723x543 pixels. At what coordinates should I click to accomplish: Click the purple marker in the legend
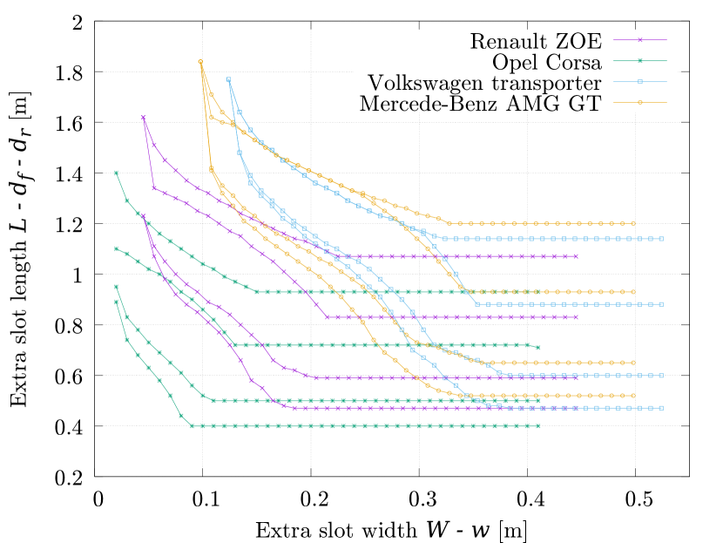click(640, 40)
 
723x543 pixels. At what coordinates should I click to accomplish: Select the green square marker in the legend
click(640, 61)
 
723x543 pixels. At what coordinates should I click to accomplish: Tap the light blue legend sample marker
click(640, 82)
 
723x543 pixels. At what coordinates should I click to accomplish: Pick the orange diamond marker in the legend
click(640, 103)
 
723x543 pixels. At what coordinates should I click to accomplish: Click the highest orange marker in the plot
click(200, 62)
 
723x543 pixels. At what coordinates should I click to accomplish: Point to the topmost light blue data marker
click(229, 79)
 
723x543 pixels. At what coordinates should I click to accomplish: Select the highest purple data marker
click(143, 118)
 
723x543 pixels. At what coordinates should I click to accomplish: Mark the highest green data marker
click(116, 173)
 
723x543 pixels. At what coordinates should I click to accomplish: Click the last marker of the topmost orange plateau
click(633, 224)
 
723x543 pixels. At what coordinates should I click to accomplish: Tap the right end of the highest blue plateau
click(662, 239)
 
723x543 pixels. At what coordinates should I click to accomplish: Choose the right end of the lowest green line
click(538, 426)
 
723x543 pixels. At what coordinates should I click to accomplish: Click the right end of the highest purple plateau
click(576, 256)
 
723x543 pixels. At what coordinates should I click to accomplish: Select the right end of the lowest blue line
click(662, 408)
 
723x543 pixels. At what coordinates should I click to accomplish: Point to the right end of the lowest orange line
click(633, 396)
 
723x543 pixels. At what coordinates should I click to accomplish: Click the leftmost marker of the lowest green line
click(116, 302)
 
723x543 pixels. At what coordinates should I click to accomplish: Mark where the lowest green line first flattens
click(192, 426)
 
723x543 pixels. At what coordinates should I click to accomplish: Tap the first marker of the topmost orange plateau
click(449, 224)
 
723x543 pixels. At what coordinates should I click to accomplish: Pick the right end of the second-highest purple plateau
click(576, 317)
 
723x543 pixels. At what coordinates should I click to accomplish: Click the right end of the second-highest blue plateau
click(662, 304)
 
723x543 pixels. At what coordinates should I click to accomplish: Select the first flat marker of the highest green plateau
click(256, 292)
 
